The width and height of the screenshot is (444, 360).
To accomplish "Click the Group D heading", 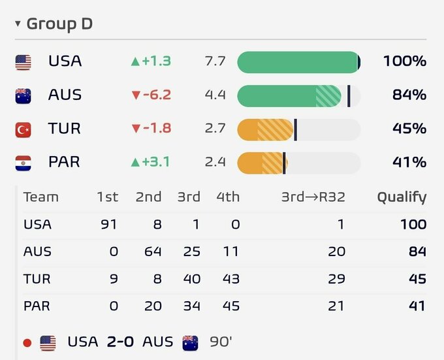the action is pos(59,24).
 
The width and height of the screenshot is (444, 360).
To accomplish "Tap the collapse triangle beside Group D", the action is pos(18,24).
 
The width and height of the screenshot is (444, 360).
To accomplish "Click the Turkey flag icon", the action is pos(24,130).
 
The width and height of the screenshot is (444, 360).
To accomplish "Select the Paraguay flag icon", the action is pos(24,163).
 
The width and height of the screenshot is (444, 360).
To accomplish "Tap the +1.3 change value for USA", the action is pos(151,61).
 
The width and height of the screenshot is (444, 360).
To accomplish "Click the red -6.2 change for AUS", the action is pos(151,95).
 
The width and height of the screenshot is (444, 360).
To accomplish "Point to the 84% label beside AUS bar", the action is pos(409,95).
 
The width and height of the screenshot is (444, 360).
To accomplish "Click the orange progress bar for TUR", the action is pos(265,130).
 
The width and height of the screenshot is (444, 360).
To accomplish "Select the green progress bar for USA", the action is pos(298,62).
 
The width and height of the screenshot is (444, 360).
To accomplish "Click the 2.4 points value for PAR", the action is pos(215,162).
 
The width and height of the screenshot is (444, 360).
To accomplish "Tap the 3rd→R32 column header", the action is pos(313,197).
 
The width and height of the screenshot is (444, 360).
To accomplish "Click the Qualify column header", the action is pos(402,197).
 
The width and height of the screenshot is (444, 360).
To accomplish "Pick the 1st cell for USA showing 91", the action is pos(109,225).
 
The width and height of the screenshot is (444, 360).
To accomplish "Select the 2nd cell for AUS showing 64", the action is pos(153,252).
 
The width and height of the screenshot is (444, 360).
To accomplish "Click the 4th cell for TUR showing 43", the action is pos(231,279).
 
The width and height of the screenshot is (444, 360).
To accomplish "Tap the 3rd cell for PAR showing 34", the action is pos(192,306).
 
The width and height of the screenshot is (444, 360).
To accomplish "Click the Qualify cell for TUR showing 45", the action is pos(418,279).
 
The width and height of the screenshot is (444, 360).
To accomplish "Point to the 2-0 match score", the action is pos(120,342).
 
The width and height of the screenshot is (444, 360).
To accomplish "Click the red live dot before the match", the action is pos(27,343).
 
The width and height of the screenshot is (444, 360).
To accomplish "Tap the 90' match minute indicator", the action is pos(221,342).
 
